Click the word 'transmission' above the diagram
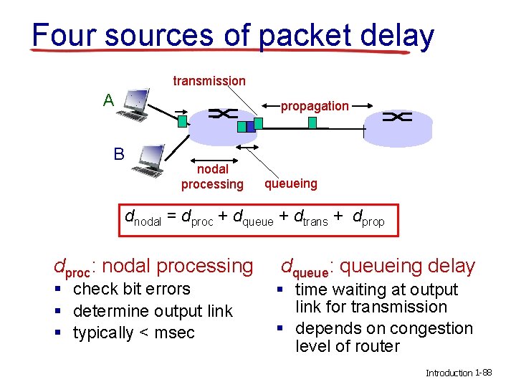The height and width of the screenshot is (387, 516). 209,81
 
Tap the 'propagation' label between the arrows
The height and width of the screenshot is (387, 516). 315,106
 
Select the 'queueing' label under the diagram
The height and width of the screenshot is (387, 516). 290,183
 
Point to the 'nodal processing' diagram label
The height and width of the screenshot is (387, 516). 212,177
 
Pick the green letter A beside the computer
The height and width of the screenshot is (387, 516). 108,100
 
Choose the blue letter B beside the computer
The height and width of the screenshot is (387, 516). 118,153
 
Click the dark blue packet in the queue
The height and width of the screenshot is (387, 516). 242,127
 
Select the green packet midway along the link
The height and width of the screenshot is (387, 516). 312,123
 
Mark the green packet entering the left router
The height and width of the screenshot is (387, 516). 183,121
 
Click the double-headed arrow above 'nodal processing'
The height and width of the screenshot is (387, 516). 213,148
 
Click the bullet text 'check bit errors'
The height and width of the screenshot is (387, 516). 132,289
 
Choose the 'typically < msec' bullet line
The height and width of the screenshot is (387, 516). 133,333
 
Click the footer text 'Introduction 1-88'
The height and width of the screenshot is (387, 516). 459,373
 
